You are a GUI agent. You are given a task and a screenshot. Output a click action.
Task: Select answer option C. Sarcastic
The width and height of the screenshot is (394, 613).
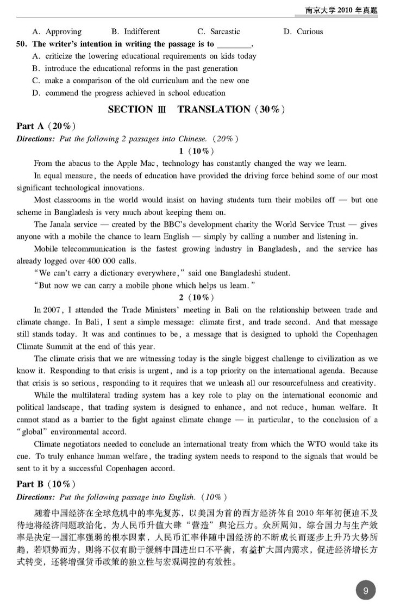(218, 32)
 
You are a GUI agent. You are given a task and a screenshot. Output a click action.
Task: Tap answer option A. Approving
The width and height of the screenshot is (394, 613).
(57, 32)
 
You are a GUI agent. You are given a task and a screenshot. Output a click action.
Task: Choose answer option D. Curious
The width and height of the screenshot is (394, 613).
(303, 32)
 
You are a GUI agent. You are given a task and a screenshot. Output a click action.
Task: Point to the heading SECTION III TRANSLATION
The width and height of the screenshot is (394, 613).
(196, 109)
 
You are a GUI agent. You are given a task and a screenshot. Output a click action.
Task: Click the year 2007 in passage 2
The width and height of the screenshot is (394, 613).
(53, 310)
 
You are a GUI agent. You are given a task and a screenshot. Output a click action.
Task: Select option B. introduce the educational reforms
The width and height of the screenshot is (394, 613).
(135, 68)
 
